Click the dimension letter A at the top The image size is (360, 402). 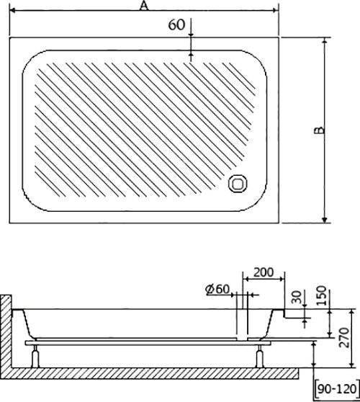click(x=144, y=6)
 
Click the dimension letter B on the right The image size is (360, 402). click(x=320, y=130)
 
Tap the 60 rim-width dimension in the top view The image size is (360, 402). click(x=176, y=25)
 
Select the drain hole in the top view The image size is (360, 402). click(x=238, y=183)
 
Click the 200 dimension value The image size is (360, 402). click(x=264, y=272)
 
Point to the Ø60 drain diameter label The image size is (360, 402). click(x=217, y=289)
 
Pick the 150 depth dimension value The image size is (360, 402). click(x=321, y=295)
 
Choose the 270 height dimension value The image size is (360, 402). click(x=343, y=337)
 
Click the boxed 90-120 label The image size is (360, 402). click(x=337, y=389)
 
